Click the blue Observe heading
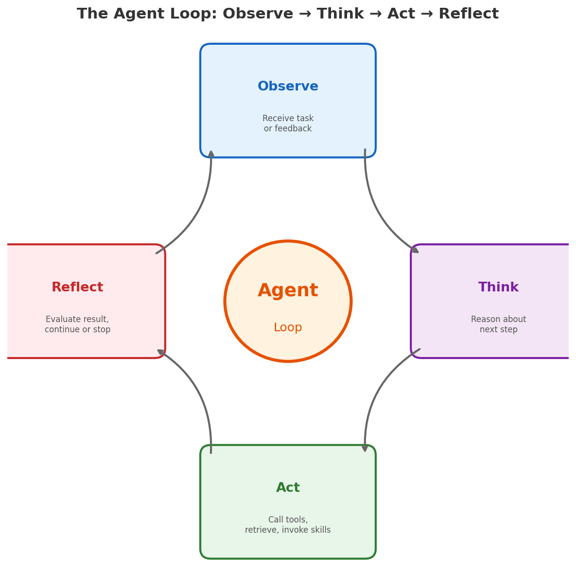288,87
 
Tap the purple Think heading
498,288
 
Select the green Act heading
288,488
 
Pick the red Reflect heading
77,288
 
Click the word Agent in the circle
288,291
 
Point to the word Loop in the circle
288,328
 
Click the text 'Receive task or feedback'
288,124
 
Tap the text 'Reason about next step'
498,324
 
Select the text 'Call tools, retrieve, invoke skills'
288,525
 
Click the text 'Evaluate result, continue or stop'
77,324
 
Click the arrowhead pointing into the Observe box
211,154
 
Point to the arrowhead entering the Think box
414,250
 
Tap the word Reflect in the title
468,14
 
